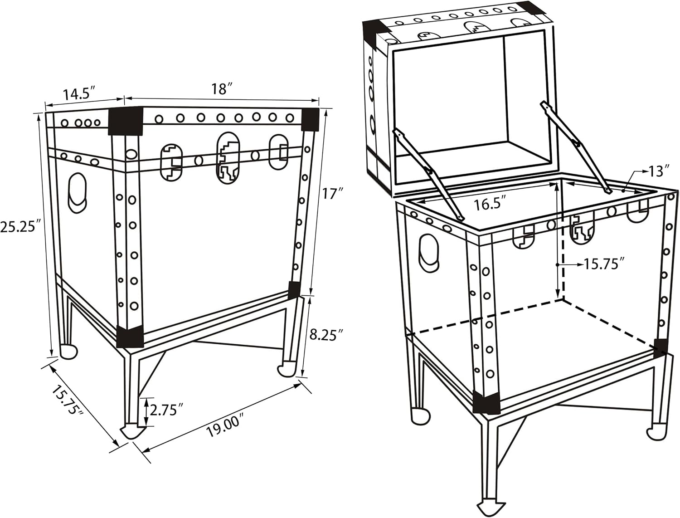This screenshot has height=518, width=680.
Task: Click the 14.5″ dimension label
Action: coord(78,93)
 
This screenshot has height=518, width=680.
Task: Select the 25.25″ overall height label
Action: coord(20,227)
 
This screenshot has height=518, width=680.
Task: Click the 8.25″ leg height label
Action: coord(326,334)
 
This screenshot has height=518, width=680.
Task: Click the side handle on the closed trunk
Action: coord(78,193)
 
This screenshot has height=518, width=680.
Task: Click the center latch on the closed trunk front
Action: coord(228,158)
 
